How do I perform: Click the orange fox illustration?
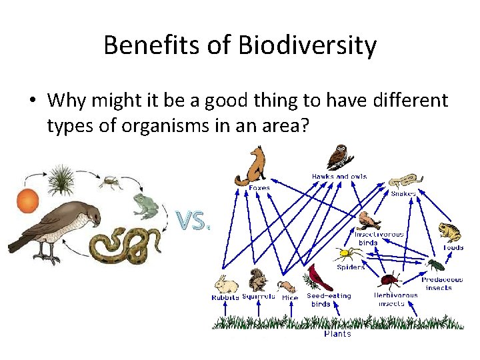(252, 167)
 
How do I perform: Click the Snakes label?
(403, 193)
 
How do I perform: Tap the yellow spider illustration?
(347, 254)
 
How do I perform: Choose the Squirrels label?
(259, 297)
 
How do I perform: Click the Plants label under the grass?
(337, 334)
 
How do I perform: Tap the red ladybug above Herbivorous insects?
(388, 279)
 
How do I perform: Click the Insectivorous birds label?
(379, 239)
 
